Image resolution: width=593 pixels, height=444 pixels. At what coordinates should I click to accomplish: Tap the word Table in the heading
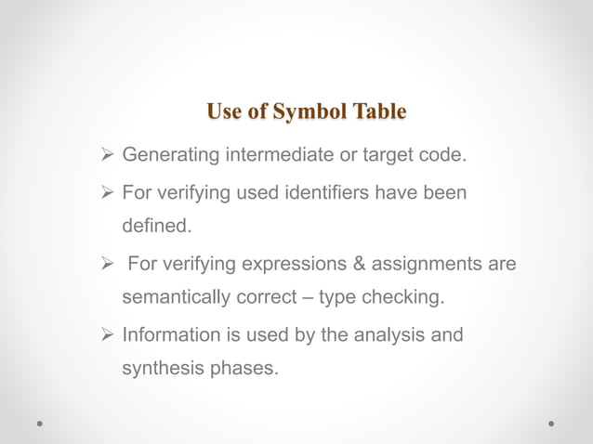[376, 112]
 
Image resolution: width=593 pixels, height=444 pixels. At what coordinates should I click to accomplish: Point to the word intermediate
[278, 154]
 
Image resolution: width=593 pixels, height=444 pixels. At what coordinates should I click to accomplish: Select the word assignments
[429, 265]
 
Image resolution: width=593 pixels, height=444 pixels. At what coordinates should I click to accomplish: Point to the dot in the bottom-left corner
[42, 423]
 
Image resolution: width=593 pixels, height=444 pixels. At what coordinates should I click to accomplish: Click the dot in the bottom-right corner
[551, 423]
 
